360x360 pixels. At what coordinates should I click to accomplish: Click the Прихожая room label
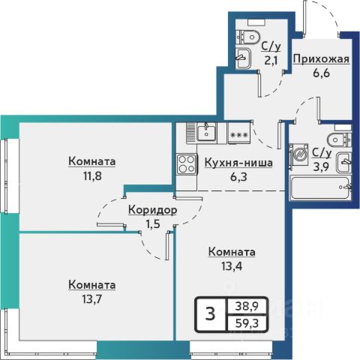321,59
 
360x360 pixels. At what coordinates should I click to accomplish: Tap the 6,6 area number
321,73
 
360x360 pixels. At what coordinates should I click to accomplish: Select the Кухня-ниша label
238,163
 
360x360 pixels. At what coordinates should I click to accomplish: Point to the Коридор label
153,210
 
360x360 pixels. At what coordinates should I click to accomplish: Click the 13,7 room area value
92,298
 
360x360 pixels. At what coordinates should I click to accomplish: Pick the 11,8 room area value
92,176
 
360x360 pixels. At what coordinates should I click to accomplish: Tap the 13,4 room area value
232,266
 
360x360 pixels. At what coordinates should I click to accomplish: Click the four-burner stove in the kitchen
187,164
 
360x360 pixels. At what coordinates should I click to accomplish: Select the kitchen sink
207,133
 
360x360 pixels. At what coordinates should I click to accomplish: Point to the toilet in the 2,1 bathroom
247,37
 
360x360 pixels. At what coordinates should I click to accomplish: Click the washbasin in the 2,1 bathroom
243,58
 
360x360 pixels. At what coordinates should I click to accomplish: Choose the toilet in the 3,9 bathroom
340,140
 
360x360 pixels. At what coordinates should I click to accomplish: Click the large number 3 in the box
210,314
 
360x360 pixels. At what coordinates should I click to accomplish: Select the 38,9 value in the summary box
247,306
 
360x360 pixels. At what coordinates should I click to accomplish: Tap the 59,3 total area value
247,323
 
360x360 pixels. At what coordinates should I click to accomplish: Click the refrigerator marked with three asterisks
238,133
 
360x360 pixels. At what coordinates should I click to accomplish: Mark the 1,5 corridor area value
153,224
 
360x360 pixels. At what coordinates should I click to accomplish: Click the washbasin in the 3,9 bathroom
344,163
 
